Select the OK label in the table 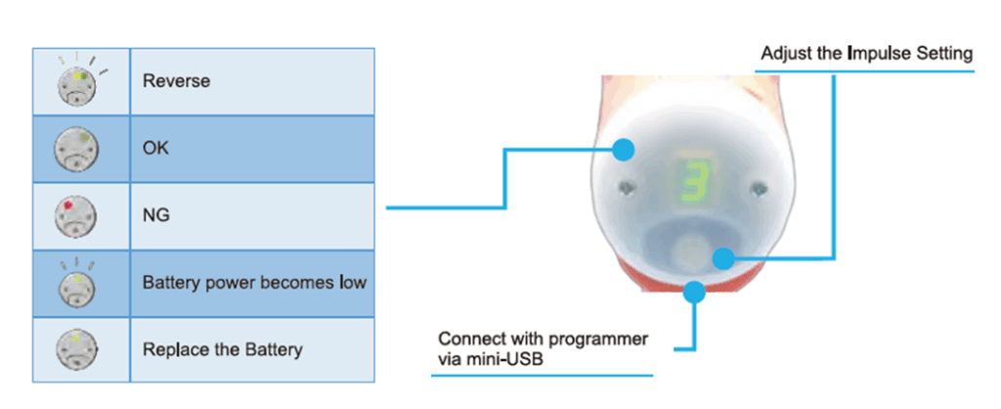pos(155,149)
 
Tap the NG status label pos(156,215)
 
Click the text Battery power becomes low pos(255,283)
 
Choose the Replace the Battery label pos(223,350)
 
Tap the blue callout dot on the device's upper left pos(623,151)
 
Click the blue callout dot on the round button pos(722,258)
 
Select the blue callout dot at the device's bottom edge pos(694,292)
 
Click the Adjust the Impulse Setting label pos(866,54)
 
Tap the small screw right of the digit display pos(758,188)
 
